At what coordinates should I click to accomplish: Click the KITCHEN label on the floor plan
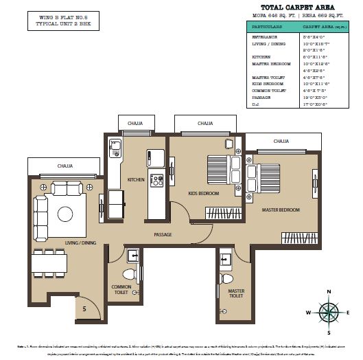tap(136, 180)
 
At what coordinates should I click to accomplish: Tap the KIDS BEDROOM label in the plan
tap(204, 194)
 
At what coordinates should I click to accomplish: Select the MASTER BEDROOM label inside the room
tap(280, 210)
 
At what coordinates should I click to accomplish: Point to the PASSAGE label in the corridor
tap(163, 235)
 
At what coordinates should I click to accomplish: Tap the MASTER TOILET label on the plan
tap(236, 294)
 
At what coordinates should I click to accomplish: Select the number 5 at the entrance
tap(84, 309)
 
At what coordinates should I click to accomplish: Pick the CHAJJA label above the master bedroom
tap(281, 142)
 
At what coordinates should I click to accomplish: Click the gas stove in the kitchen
tap(157, 181)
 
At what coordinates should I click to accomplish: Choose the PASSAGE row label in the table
tap(260, 98)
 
